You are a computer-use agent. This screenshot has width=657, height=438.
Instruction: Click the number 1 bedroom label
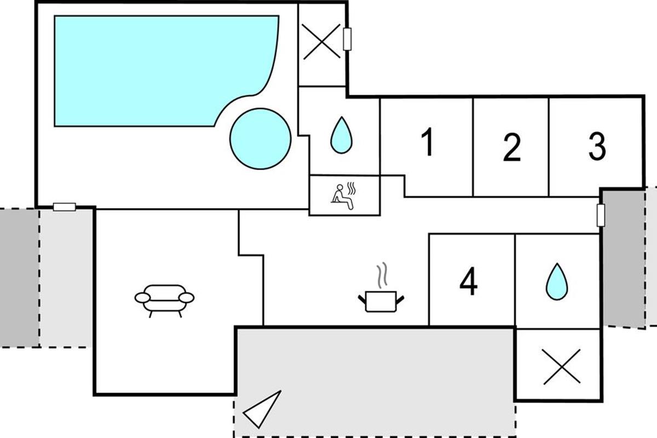[428, 142]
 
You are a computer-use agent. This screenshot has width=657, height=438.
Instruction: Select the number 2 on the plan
[512, 147]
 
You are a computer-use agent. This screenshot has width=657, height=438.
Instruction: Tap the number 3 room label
[597, 146]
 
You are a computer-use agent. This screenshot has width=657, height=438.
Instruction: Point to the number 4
[469, 281]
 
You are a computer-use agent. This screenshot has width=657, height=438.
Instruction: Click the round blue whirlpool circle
[261, 139]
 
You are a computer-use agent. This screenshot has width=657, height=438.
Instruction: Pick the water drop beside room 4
[557, 281]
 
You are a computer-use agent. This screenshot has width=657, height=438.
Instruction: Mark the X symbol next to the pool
[321, 42]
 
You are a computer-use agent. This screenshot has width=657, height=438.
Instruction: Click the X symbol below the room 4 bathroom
[561, 366]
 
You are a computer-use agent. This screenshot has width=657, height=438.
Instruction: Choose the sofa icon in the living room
[164, 301]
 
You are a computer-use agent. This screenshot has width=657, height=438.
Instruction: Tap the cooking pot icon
[381, 301]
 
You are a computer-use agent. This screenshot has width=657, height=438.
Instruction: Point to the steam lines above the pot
[382, 275]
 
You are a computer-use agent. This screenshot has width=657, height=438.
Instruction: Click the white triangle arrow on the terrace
[262, 409]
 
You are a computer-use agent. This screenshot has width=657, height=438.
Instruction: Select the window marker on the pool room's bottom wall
[65, 207]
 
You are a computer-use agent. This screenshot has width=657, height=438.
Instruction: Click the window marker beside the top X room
[347, 39]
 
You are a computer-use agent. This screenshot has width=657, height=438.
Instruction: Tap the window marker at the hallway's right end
[601, 215]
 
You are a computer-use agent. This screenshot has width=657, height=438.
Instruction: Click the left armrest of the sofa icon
[142, 297]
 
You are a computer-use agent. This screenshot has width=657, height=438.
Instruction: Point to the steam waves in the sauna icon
[351, 188]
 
